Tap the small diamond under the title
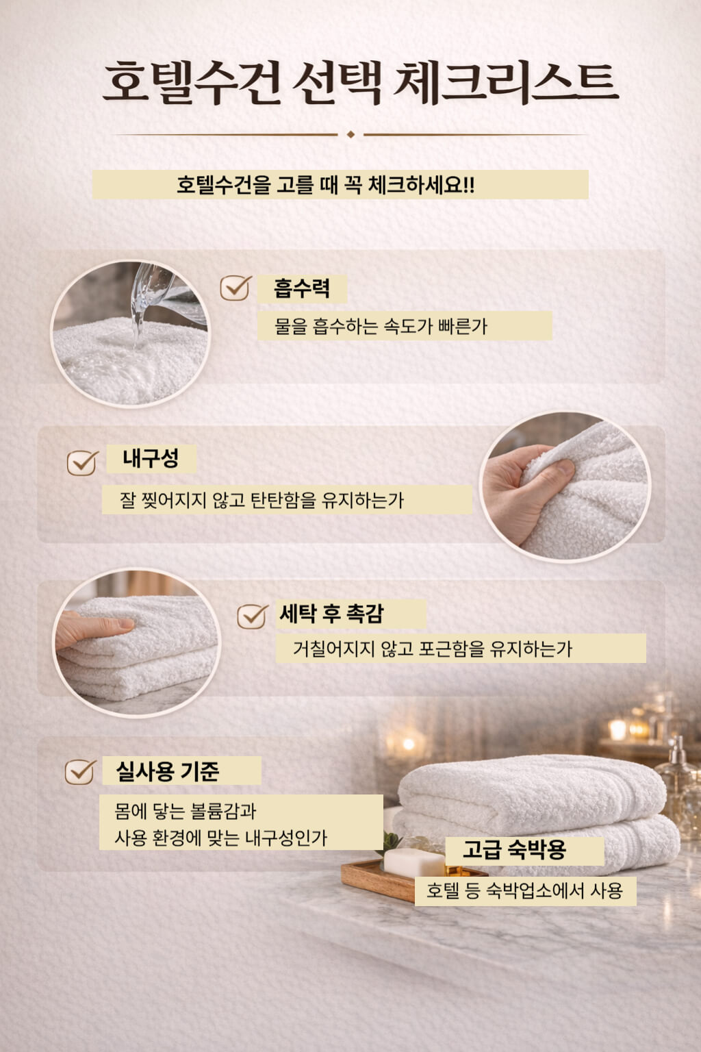(350, 134)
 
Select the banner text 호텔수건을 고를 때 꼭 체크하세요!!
(326, 185)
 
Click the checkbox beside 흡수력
(235, 288)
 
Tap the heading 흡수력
(302, 288)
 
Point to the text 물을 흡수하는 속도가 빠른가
(381, 326)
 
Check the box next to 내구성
(82, 462)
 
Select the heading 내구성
(151, 458)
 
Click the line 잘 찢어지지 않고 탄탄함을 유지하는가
(262, 500)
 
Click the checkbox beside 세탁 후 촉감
(252, 616)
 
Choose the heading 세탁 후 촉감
(332, 614)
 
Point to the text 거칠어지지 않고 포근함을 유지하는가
(433, 648)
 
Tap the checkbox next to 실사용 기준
(80, 772)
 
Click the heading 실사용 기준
(168, 771)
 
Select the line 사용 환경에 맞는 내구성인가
(220, 837)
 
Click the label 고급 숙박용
(514, 850)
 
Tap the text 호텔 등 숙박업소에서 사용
(524, 890)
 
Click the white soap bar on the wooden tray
(413, 862)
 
